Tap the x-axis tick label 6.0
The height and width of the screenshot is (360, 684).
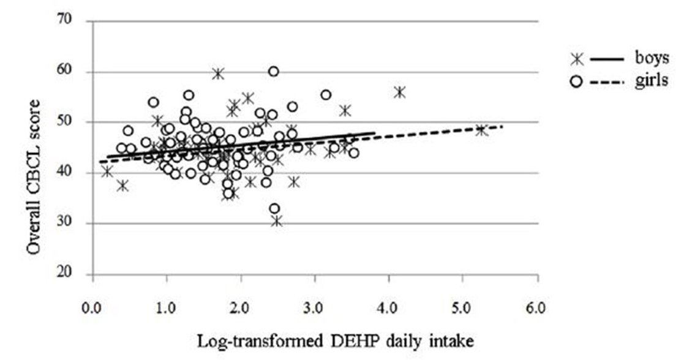point(537,306)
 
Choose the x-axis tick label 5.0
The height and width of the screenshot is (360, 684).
point(463,306)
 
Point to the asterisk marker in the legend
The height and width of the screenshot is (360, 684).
point(576,59)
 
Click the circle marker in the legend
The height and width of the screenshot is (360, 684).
point(576,81)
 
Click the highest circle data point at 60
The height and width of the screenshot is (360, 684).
point(274,72)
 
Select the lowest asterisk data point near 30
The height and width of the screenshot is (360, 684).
point(277,221)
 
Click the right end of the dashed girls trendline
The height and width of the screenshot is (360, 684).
point(502,127)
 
